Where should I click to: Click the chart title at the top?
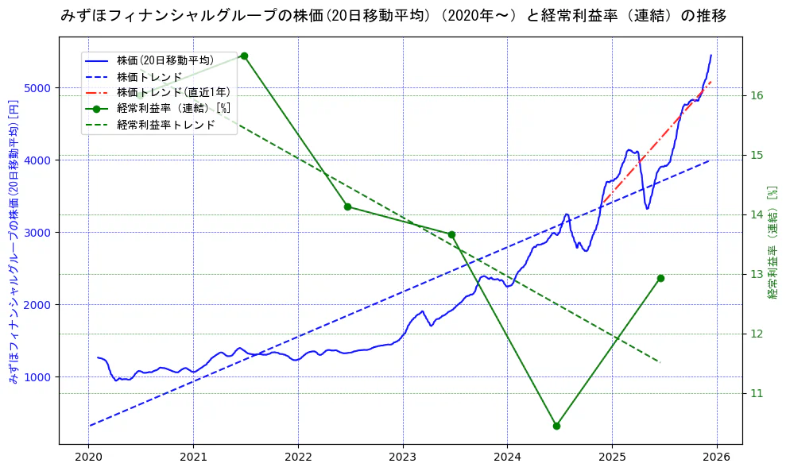coord(393,16)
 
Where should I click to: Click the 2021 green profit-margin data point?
coord(244,56)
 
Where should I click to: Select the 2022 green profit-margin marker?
coord(347,207)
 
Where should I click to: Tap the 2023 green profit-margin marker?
coord(451,234)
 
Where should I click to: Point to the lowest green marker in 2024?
coord(556,426)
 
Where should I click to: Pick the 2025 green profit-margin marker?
coord(660,278)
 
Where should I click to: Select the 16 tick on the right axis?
coord(757,95)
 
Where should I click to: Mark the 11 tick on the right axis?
coord(757,393)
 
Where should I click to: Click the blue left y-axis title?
coord(14,241)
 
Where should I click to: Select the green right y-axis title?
coord(772,242)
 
